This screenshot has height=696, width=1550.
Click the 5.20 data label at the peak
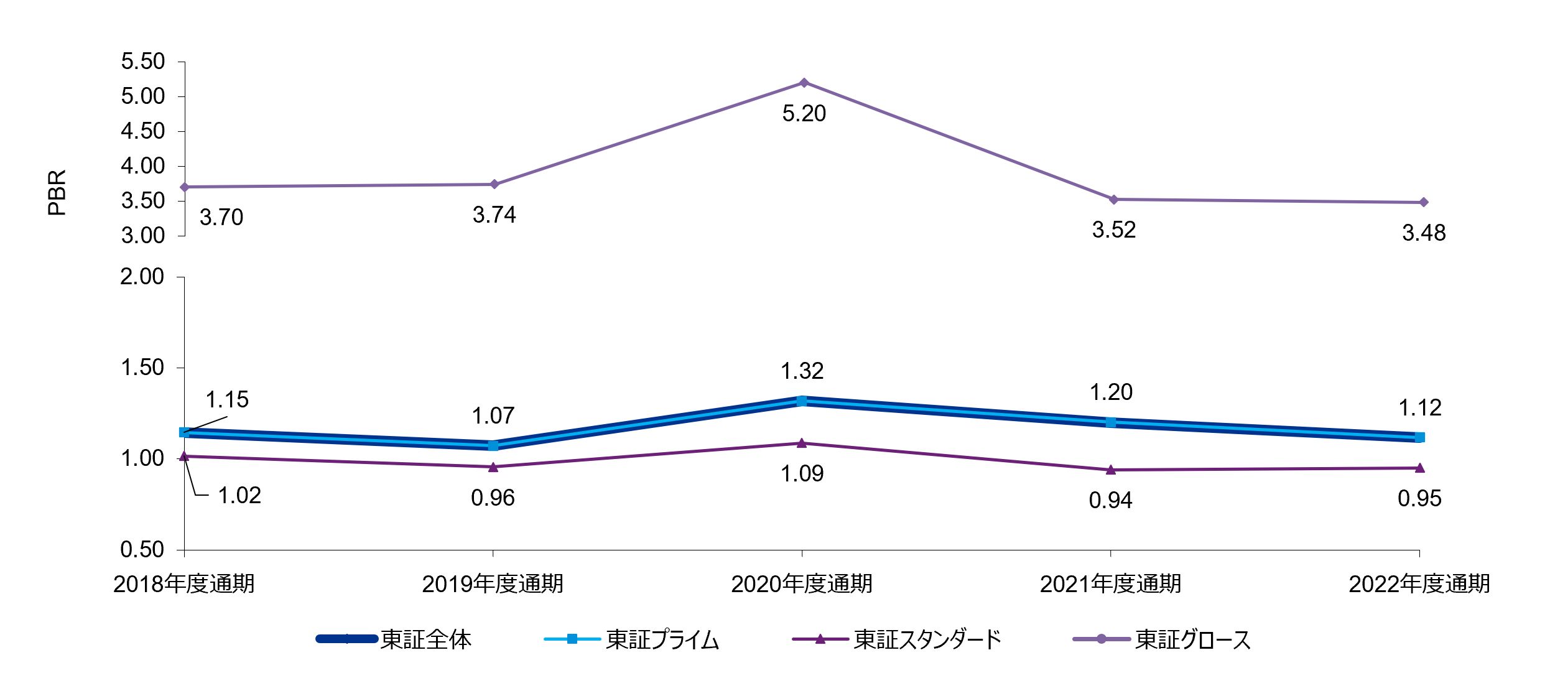point(804,114)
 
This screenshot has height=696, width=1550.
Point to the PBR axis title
point(57,193)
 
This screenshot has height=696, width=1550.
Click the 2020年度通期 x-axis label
point(802,584)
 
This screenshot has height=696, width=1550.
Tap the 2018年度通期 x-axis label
point(184,584)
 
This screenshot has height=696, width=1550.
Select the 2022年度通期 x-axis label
point(1419,584)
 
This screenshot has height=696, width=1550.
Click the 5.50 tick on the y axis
point(143,62)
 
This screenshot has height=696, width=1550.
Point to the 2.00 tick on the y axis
point(142,277)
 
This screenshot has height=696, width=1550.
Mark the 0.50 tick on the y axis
point(142,550)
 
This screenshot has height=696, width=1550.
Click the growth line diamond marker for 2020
point(804,83)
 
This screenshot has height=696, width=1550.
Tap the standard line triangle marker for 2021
point(1111,470)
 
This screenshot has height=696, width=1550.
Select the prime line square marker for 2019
point(493,445)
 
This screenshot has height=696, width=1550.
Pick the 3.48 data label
point(1424,233)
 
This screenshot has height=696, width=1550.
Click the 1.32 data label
point(802,371)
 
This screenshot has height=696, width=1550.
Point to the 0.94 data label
point(1110,501)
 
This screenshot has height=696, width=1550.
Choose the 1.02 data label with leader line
point(239,496)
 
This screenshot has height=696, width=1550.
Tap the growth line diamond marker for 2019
point(494,184)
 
